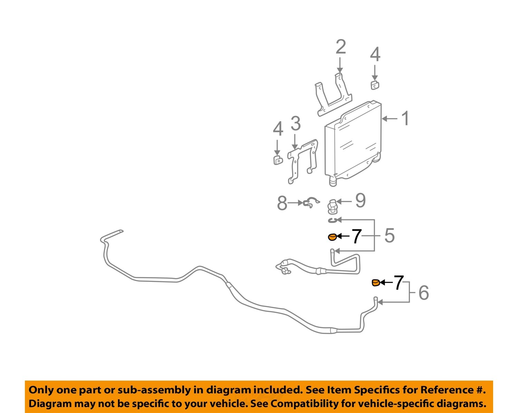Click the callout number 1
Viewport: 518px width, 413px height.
coord(405,118)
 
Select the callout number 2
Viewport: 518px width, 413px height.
coord(340,47)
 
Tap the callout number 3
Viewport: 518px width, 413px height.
coord(295,124)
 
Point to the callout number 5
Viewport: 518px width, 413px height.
coord(389,236)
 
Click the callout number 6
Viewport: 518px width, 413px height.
coord(423,293)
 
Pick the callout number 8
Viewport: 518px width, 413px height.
coord(282,203)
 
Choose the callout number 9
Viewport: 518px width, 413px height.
coord(360,200)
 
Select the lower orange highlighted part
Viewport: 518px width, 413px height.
coord(376,283)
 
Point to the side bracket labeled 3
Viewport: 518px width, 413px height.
coord(303,160)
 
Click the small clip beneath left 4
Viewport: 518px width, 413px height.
coord(278,160)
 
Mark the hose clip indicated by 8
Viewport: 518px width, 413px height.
coord(311,203)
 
